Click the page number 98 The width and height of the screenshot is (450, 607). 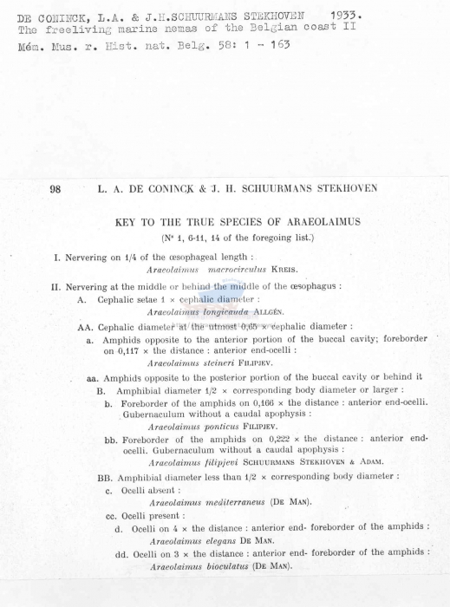55,189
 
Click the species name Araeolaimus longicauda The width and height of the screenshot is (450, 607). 199,312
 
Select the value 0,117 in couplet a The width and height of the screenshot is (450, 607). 133,351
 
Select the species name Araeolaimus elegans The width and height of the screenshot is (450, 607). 193,539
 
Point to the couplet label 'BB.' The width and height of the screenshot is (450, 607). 106,477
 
